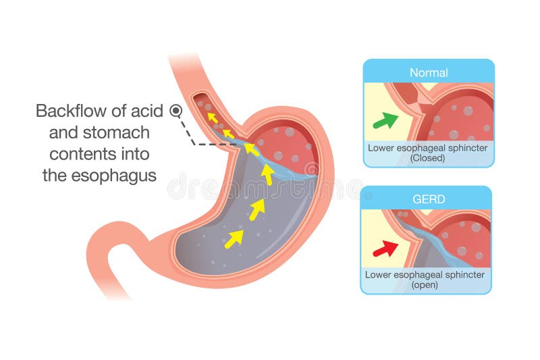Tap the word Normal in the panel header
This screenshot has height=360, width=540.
(x=429, y=72)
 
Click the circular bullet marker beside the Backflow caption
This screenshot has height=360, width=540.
(x=176, y=110)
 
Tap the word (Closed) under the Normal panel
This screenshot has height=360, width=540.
(x=429, y=158)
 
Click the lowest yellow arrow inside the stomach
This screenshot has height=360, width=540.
(x=234, y=238)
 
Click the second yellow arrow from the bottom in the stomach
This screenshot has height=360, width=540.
(x=256, y=209)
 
